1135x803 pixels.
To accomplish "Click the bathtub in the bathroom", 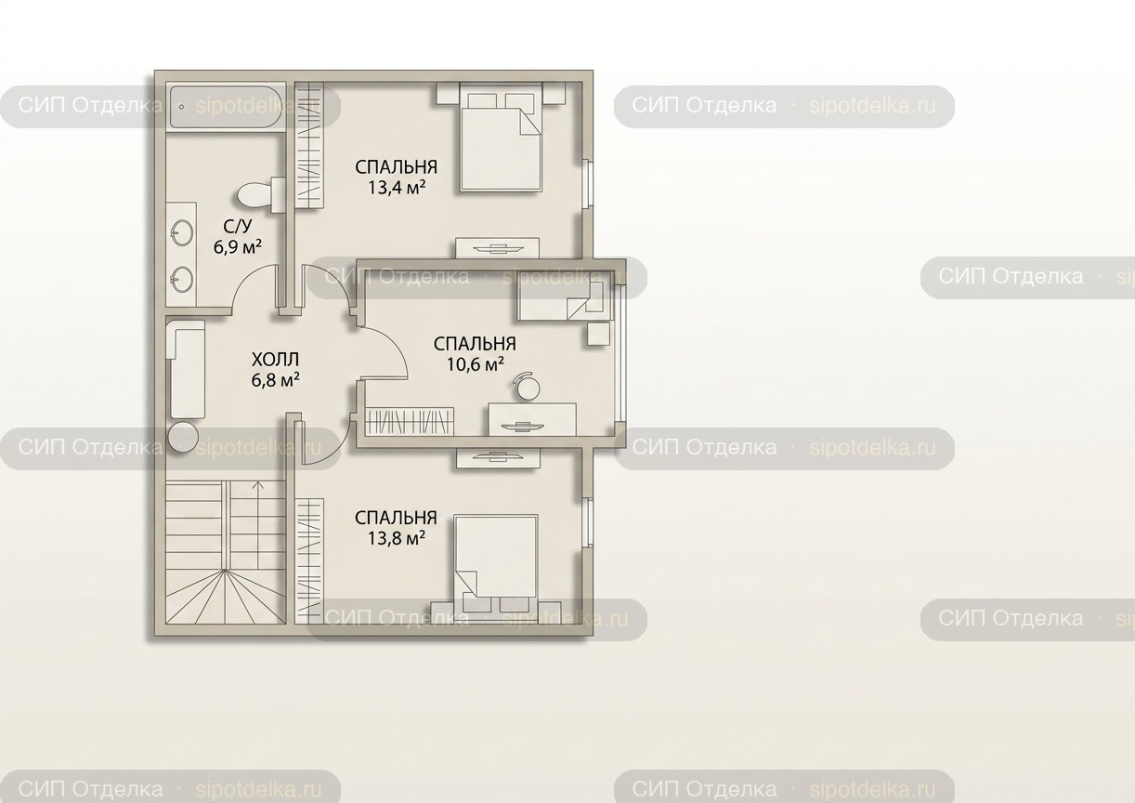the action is [x=226, y=107].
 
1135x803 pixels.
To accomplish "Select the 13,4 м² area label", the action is [x=397, y=188].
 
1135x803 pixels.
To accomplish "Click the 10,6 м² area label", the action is [x=476, y=364].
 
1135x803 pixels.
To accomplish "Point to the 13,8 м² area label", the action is [x=397, y=538].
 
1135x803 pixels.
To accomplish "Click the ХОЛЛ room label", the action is [x=275, y=360].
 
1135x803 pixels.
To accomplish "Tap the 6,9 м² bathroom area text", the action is [x=238, y=247].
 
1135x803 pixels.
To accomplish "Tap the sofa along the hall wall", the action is [x=186, y=368].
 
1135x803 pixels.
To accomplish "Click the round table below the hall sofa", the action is [x=183, y=438].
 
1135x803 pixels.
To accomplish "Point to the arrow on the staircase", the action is [x=258, y=525].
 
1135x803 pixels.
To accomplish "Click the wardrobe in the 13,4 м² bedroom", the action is [x=309, y=145].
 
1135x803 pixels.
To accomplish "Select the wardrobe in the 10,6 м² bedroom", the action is [x=410, y=422].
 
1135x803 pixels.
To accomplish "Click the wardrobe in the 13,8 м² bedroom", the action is [x=309, y=561].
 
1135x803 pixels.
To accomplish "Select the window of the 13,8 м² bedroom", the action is [x=587, y=522].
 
